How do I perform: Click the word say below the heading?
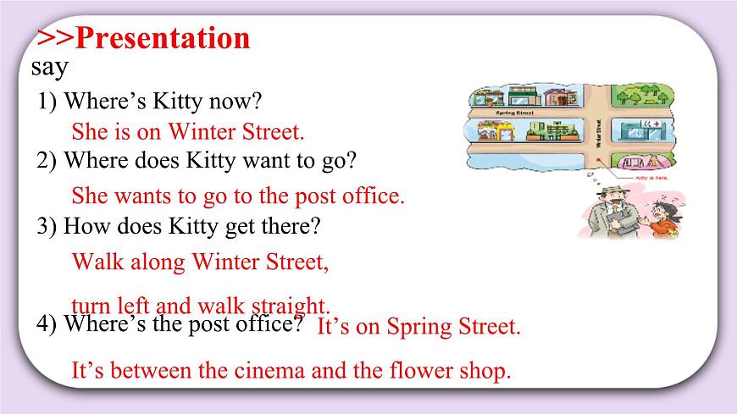point(49,66)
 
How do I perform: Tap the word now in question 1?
point(240,102)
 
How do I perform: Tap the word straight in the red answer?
point(292,306)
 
